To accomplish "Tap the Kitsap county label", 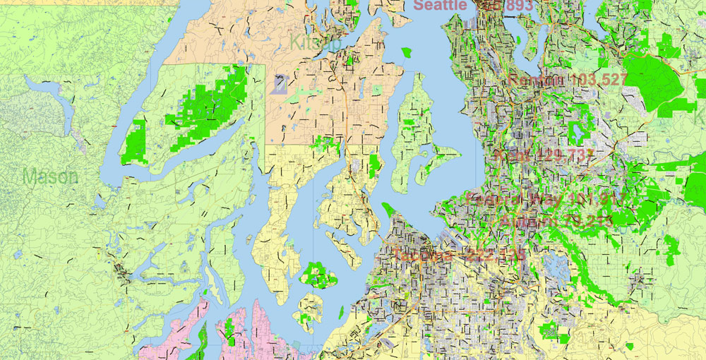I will (315, 43).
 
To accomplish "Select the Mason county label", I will (50, 176).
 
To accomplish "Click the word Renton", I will (536, 80).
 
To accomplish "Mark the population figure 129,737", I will (558, 155).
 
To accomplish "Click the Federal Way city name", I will (514, 199).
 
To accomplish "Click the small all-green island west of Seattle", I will (406, 52).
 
